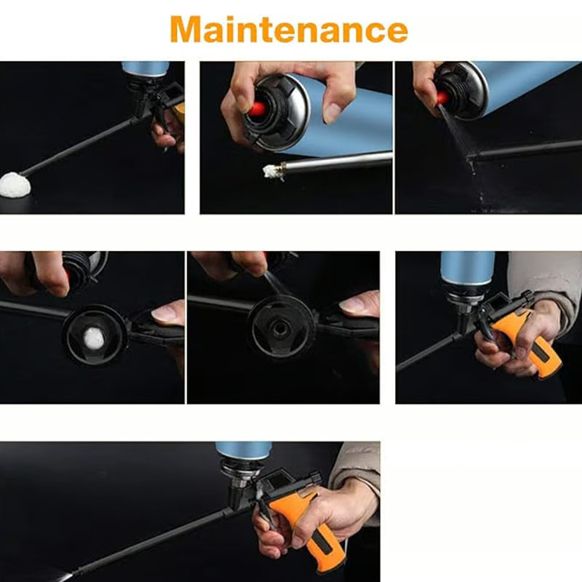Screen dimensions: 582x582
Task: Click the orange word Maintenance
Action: tap(289, 29)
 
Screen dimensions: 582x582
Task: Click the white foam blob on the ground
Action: tap(15, 185)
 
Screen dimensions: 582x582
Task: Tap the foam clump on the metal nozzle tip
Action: tap(271, 171)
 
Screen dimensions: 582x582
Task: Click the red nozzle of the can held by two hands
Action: tap(257, 108)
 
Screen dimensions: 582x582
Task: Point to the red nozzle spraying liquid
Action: tap(443, 98)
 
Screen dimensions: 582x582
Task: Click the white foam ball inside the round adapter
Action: tap(93, 338)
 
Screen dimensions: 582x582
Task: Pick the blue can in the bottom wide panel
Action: tap(244, 451)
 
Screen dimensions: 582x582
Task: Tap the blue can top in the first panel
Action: tap(145, 69)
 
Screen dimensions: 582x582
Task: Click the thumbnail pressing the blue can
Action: tap(332, 113)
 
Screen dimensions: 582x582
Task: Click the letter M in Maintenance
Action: tap(185, 29)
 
